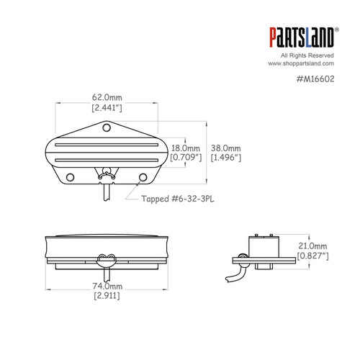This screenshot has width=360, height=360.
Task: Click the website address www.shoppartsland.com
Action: coord(305,63)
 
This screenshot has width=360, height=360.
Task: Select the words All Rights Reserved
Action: coord(308,55)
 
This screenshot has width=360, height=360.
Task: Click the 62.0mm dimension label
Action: coord(107,97)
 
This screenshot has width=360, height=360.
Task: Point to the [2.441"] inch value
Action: coord(107,108)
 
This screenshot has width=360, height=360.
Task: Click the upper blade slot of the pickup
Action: coord(106,141)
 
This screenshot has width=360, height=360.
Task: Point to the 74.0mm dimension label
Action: coord(107,286)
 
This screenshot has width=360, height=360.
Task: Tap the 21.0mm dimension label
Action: coord(315,245)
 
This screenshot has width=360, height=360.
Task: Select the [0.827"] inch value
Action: coord(315,256)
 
